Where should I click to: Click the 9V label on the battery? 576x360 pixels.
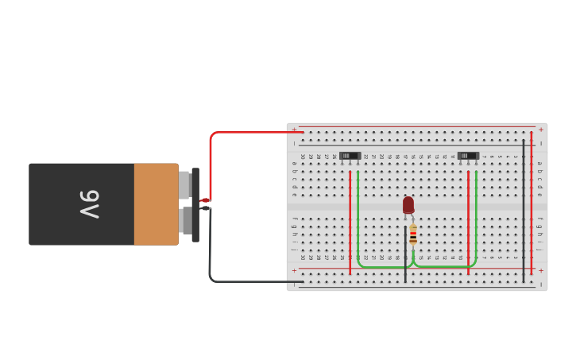click(88, 204)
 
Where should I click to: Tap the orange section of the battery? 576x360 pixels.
click(156, 204)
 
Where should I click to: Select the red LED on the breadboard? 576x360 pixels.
click(408, 204)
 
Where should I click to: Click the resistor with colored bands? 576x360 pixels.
click(413, 234)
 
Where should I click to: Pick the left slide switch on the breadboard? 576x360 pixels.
click(350, 156)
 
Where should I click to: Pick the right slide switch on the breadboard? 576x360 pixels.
click(468, 156)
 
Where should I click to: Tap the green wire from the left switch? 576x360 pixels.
click(358, 223)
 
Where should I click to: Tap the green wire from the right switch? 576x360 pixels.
click(476, 223)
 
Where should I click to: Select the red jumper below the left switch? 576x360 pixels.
click(350, 223)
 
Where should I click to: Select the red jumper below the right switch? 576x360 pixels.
click(468, 223)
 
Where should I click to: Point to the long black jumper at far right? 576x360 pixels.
click(524, 207)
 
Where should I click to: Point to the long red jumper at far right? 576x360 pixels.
click(532, 207)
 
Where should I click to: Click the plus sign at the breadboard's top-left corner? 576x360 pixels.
click(294, 130)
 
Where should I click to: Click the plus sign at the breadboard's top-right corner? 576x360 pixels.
click(541, 130)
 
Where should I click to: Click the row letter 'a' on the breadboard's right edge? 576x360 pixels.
click(539, 164)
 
